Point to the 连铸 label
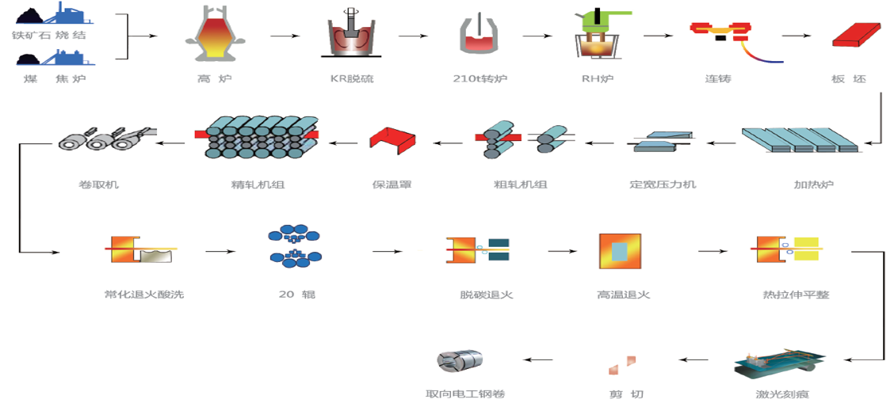click(721, 78)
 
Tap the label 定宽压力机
click(663, 184)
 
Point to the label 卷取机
click(99, 184)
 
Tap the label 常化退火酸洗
click(138, 295)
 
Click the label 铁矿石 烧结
click(48, 36)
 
